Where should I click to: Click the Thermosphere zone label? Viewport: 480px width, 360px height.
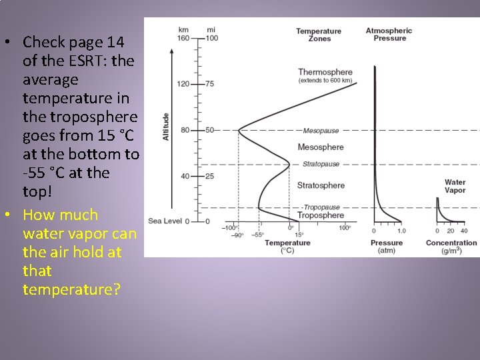click(325, 72)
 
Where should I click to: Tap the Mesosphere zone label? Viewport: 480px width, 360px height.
click(321, 147)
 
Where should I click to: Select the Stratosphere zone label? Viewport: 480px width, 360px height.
click(321, 185)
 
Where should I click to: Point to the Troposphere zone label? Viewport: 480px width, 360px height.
click(321, 215)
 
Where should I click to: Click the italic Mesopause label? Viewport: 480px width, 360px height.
click(321, 131)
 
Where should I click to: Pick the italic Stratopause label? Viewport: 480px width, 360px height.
click(321, 164)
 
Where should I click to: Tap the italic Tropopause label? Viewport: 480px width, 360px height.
click(321, 207)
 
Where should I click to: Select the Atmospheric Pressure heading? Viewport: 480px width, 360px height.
click(389, 34)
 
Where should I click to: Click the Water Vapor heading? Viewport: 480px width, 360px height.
click(455, 186)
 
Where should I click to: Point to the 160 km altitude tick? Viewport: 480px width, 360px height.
click(183, 38)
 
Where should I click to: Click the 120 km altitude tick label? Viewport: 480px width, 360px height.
click(183, 84)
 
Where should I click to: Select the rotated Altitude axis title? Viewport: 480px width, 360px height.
click(165, 126)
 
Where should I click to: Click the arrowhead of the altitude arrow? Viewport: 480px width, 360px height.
click(172, 52)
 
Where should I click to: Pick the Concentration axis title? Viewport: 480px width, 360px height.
click(451, 243)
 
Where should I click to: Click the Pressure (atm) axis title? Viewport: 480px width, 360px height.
click(387, 247)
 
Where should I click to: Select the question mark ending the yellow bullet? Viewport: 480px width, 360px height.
click(117, 290)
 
